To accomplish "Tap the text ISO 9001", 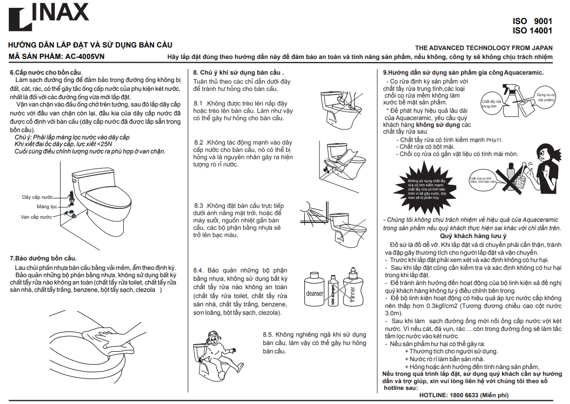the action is tap(532, 21).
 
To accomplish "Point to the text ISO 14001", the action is tap(532, 31).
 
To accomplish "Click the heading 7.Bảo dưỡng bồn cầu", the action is tap(43, 258).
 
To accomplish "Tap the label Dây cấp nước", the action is tap(37, 197).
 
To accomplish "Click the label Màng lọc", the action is tap(46, 207).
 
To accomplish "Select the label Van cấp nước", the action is tap(37, 217).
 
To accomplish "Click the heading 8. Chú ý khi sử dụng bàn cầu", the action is tap(238, 72).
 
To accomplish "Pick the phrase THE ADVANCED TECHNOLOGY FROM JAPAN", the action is tap(483, 47).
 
